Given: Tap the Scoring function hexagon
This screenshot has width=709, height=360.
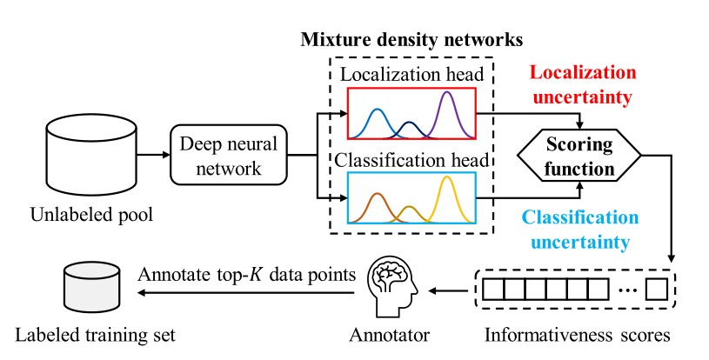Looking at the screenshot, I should (579, 156).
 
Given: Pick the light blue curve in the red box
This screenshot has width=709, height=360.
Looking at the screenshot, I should (377, 123).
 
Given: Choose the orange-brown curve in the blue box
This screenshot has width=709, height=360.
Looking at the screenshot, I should (377, 205).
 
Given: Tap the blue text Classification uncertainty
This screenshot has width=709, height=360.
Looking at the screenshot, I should (579, 229).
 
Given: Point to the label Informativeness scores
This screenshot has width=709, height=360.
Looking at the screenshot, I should (577, 333).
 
